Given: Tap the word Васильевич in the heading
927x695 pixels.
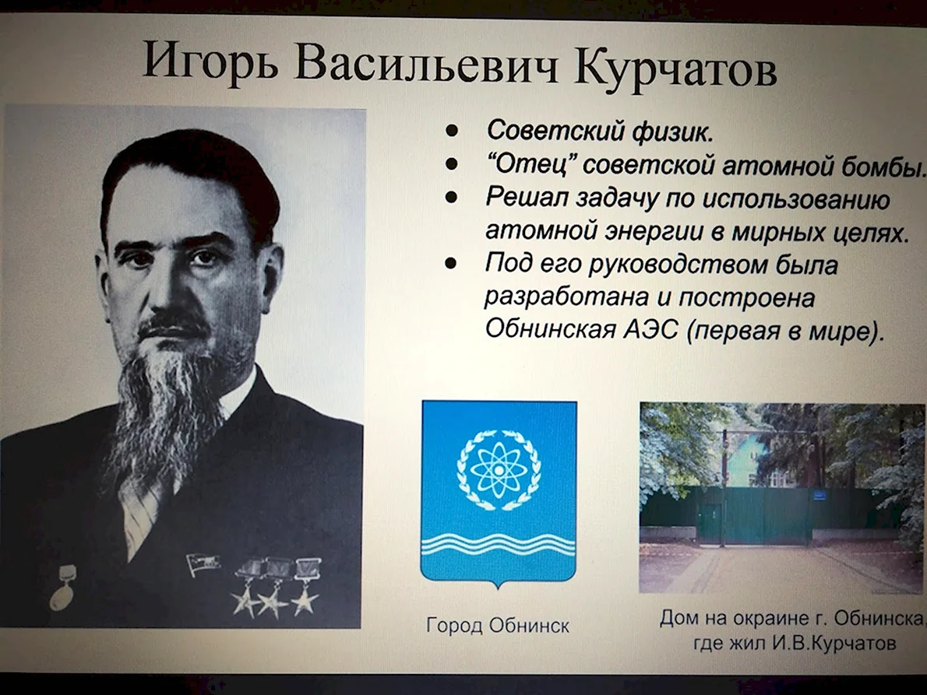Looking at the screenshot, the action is (x=425, y=64).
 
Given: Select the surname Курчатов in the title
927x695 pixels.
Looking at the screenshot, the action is (x=675, y=68).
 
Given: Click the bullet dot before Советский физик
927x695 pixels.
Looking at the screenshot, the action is (x=453, y=131).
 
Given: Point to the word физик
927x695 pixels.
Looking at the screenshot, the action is (x=672, y=131).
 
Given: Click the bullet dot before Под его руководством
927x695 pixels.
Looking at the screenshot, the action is (x=451, y=263).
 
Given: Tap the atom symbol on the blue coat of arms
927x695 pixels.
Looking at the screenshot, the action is (x=499, y=469).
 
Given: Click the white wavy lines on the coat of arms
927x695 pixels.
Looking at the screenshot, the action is (x=499, y=543).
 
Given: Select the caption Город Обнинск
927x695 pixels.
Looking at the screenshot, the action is (x=498, y=625).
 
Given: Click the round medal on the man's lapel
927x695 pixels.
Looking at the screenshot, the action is (x=62, y=595).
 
